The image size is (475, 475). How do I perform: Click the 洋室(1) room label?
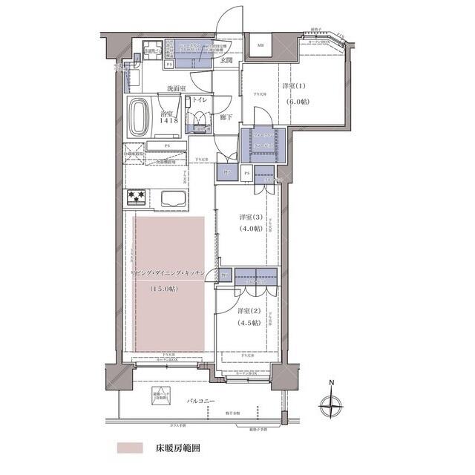pos(295,87)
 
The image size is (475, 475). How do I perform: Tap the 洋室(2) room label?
pos(249,310)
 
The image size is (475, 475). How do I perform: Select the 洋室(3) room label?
pos(250,217)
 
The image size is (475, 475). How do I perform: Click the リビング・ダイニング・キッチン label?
pos(172,274)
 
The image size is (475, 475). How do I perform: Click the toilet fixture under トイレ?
pos(200,117)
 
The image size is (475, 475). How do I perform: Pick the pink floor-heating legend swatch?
pos(130,449)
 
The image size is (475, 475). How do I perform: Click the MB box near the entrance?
pos(261,46)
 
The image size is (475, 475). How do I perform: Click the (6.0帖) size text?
pos(301,102)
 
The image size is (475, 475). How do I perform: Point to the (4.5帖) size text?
pos(249,323)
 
